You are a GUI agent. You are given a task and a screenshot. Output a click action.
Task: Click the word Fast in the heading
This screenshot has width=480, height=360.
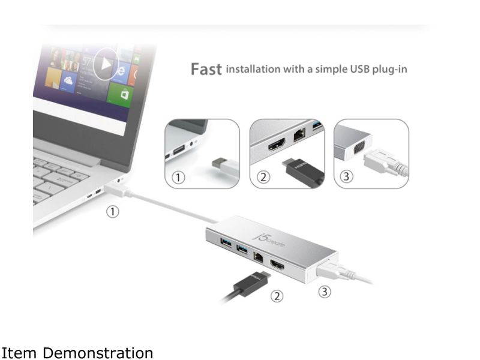[206, 69]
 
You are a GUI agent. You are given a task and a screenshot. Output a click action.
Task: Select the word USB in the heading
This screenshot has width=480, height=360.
[356, 69]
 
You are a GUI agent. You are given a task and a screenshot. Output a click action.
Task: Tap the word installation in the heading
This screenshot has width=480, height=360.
[253, 69]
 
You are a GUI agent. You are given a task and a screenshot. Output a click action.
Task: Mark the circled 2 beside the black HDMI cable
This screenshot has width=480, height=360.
[277, 296]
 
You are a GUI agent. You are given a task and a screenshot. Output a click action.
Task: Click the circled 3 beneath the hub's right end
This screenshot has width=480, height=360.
[324, 293]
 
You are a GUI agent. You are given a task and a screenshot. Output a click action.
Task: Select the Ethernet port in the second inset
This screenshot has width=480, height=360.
[299, 136]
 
